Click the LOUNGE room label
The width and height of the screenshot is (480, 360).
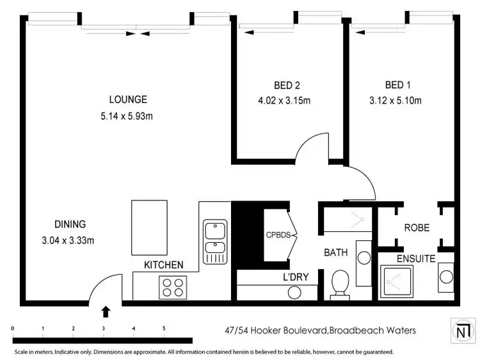click(128, 99)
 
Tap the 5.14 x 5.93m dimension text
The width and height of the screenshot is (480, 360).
click(128, 116)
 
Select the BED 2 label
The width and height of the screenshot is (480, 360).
click(287, 85)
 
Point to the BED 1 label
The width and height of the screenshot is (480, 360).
click(395, 85)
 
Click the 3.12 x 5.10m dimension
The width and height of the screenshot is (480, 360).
click(395, 100)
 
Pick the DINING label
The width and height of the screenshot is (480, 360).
click(70, 224)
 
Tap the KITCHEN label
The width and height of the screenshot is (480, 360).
click(163, 265)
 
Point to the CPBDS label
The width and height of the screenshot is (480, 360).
click(278, 235)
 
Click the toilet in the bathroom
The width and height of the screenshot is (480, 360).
click(340, 283)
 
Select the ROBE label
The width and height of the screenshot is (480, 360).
click(416, 227)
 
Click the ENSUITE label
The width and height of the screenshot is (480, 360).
click(416, 259)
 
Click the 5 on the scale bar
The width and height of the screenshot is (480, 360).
click(164, 329)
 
